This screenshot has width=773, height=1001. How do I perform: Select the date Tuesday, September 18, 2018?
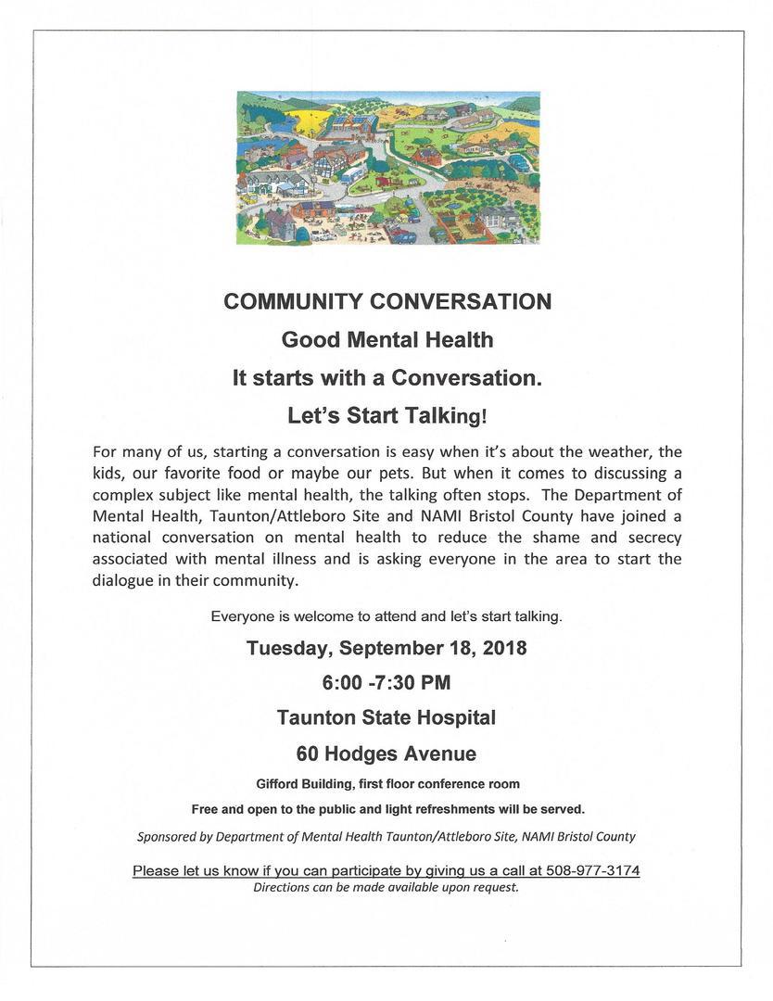click(386, 648)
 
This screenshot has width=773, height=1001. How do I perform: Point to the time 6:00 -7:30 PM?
click(386, 683)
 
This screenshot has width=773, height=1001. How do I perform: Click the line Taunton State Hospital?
click(386, 717)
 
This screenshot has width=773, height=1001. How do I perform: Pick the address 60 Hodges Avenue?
click(386, 753)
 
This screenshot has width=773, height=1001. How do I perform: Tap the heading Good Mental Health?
click(386, 340)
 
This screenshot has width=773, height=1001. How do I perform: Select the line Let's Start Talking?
click(386, 416)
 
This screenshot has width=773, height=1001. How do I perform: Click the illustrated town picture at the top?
click(388, 168)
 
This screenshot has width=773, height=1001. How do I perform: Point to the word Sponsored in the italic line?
click(168, 836)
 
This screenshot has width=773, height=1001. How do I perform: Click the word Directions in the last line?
click(283, 887)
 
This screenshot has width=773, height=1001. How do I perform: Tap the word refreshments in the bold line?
click(477, 808)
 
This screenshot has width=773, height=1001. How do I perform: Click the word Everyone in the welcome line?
click(240, 615)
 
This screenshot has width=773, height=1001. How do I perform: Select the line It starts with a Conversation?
click(386, 378)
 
